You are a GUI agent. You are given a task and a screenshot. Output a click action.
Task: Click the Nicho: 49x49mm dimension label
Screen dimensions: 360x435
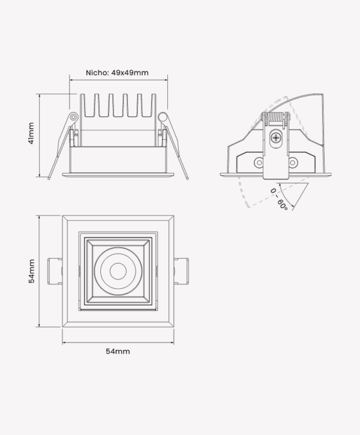coord(117,73)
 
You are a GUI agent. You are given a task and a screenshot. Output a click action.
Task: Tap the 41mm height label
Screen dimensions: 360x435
coord(31,133)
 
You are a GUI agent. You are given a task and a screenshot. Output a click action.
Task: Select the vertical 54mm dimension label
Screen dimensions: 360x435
coord(32,271)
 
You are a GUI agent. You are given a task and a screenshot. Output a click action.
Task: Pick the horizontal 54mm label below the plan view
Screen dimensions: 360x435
coord(118,351)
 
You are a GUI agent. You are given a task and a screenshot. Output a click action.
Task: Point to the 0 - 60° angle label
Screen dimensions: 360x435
coord(278,199)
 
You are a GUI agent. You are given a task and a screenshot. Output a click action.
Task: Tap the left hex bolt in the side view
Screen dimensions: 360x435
coord(259,162)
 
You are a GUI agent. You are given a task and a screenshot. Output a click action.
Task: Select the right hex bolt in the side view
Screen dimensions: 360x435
coord(293,162)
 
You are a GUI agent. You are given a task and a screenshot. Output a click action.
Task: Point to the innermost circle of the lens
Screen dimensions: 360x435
coord(118,271)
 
